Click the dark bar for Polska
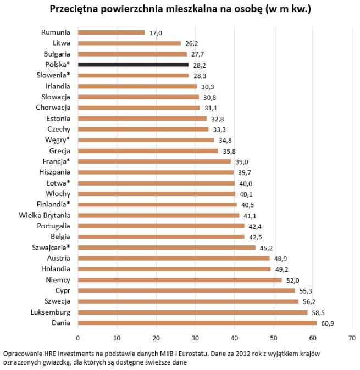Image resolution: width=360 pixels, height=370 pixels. click(x=133, y=65)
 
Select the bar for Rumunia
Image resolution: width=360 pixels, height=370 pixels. click(x=111, y=32)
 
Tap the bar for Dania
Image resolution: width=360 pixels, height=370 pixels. click(x=197, y=323)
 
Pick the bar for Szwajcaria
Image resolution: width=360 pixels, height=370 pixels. click(x=167, y=248)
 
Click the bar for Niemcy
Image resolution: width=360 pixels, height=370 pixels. click(x=180, y=280)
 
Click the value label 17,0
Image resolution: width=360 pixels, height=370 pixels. click(x=156, y=33)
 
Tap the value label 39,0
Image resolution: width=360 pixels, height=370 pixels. click(x=241, y=162)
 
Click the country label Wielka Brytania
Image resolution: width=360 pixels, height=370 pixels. click(x=45, y=215)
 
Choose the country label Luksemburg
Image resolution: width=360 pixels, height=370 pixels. click(x=51, y=312)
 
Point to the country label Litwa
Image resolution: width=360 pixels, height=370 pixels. click(x=62, y=43)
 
